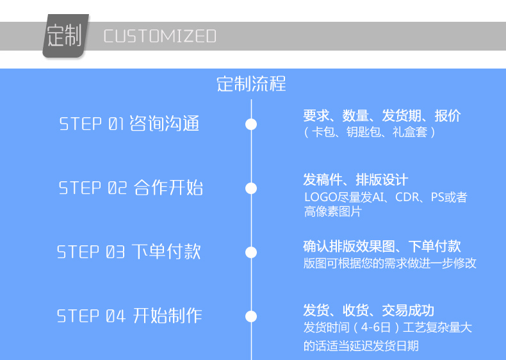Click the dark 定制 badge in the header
click(65, 36)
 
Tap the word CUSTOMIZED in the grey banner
click(159, 36)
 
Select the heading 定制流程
click(251, 84)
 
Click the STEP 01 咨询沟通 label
click(129, 123)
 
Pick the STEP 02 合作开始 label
click(131, 188)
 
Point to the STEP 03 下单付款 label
click(129, 252)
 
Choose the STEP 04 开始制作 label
click(129, 316)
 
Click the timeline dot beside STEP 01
click(251, 124)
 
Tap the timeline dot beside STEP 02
click(251, 188)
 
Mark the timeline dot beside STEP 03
click(251, 252)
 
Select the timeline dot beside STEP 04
click(251, 316)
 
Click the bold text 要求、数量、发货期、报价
click(382, 116)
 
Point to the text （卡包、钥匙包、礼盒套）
click(370, 132)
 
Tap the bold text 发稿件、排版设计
click(355, 180)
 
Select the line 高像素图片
click(333, 211)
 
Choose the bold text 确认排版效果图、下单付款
click(382, 246)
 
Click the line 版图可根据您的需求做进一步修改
click(389, 263)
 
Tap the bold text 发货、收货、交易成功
click(368, 311)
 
